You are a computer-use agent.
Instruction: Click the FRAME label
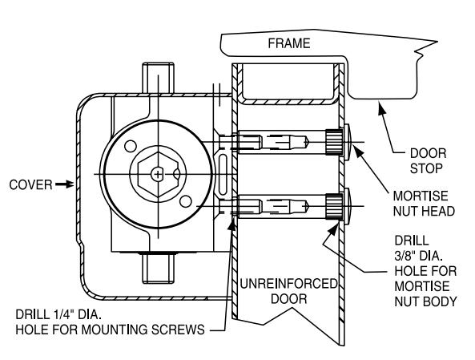[x=289, y=43]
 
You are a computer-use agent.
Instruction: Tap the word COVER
[x=30, y=184]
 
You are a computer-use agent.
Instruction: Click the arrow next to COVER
[x=65, y=184]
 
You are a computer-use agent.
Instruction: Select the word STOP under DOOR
[x=426, y=168]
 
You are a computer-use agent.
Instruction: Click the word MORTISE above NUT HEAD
[x=421, y=196]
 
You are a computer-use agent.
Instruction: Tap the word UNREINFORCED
[x=288, y=284]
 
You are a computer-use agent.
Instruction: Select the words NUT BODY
[x=425, y=301]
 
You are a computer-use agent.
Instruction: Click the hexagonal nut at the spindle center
[x=158, y=174]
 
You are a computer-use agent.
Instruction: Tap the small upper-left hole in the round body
[x=131, y=147]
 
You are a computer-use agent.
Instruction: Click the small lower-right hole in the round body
[x=185, y=201]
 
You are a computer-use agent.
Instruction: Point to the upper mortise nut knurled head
[x=335, y=142]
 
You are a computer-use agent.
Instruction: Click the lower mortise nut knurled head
[x=335, y=206]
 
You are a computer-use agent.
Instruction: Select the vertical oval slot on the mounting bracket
[x=223, y=175]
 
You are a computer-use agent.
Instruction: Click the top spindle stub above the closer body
[x=158, y=78]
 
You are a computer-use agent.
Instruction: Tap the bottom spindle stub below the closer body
[x=158, y=269]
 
